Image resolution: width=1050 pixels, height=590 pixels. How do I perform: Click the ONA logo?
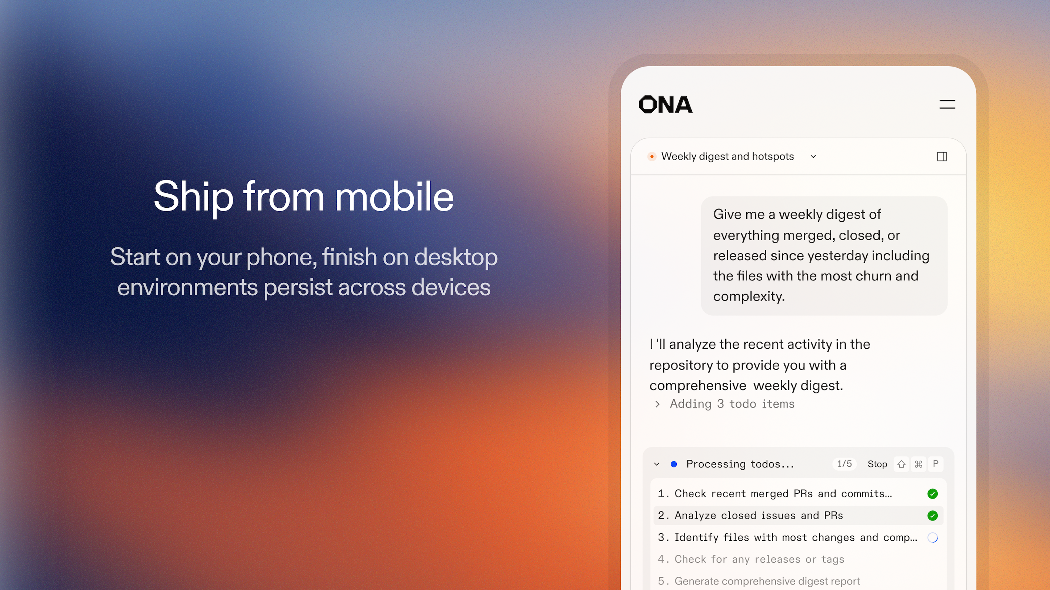tap(665, 104)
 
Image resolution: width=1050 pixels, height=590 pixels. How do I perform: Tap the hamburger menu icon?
tap(947, 105)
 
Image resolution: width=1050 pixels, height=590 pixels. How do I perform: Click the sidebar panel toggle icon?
tap(941, 157)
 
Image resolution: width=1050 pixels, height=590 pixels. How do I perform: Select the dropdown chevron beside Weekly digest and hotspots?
tap(813, 157)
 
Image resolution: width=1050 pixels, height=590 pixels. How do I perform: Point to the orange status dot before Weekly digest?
tap(652, 157)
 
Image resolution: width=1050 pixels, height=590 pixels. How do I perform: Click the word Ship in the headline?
tap(194, 197)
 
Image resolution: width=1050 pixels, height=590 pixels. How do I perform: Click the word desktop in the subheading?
tap(456, 258)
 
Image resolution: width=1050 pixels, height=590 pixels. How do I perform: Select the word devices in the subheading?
tap(451, 287)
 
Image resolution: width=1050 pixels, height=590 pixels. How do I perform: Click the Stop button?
tap(877, 464)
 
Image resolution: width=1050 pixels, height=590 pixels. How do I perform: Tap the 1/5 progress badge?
tap(844, 464)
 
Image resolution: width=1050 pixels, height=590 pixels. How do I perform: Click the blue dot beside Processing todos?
tap(674, 464)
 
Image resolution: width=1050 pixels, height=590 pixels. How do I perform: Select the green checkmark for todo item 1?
tap(932, 494)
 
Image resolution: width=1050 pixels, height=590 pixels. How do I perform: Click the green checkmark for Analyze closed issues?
tap(932, 516)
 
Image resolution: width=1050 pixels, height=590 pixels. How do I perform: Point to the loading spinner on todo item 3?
tap(932, 538)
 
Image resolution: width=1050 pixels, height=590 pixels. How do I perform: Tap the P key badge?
tap(936, 464)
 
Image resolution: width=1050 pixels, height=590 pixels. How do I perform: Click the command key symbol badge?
tap(919, 464)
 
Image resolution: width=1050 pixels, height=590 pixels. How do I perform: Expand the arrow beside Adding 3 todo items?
tap(657, 404)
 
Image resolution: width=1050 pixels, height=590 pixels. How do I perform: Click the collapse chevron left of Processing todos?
tap(656, 464)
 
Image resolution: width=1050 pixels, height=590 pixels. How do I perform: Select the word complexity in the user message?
tap(749, 296)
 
